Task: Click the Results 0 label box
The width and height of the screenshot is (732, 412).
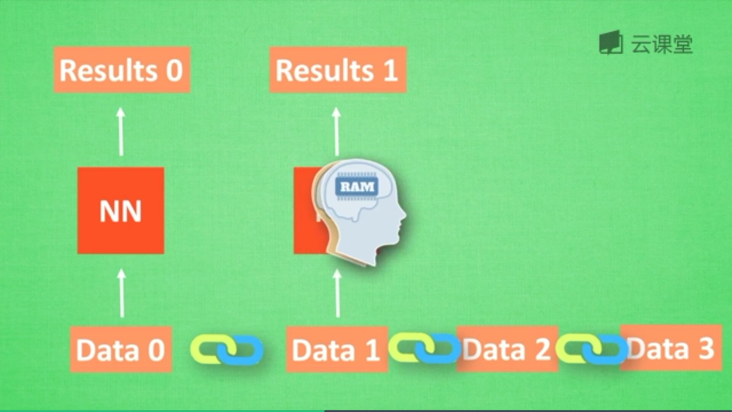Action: click(x=122, y=70)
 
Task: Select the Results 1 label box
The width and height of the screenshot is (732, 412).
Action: click(x=338, y=70)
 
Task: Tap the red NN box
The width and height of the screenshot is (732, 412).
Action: click(x=120, y=211)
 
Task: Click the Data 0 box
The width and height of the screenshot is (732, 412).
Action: click(x=120, y=349)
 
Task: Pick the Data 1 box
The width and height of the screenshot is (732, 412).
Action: click(x=336, y=349)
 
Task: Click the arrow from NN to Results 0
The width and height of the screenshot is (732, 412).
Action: click(x=121, y=132)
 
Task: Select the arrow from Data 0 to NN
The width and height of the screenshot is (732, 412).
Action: click(x=122, y=294)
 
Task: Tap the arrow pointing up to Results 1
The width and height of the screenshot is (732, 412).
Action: click(x=336, y=132)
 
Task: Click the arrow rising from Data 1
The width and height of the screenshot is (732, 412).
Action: click(x=337, y=294)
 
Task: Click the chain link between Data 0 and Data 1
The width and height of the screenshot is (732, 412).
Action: click(x=227, y=349)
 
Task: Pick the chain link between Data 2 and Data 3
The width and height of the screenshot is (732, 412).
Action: click(x=591, y=348)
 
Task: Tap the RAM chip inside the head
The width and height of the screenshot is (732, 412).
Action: click(x=357, y=187)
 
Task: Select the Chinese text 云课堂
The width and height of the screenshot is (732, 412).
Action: click(x=662, y=44)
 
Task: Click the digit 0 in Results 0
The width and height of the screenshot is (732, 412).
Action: click(x=174, y=71)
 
